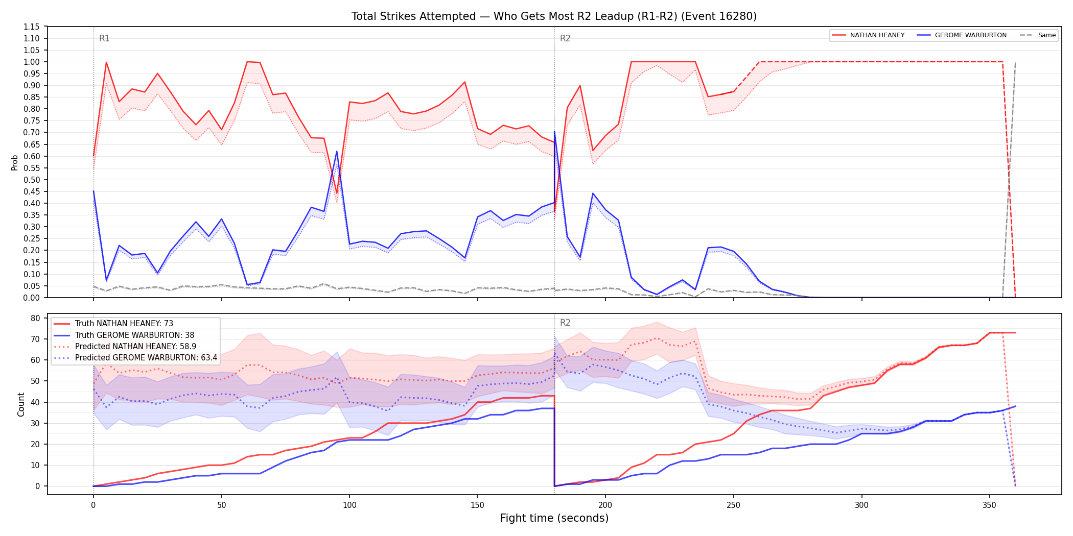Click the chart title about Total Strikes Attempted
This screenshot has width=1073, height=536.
tap(554, 16)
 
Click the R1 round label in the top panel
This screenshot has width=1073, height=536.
tap(104, 38)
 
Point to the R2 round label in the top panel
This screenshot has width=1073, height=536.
tap(565, 38)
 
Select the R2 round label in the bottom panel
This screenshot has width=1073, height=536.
tap(565, 323)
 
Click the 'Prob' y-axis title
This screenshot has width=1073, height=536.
tap(15, 162)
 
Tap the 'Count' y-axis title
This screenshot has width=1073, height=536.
tap(21, 404)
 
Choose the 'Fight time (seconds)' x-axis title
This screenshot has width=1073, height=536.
tap(554, 518)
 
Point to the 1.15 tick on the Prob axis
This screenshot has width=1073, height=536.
tap(32, 27)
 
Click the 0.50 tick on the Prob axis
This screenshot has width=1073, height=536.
tap(32, 180)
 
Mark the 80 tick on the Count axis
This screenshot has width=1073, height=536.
tap(35, 318)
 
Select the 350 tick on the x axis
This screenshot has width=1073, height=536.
tap(990, 505)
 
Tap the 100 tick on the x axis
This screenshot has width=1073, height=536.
tap(349, 505)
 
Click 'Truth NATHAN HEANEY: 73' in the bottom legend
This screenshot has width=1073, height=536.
tap(124, 324)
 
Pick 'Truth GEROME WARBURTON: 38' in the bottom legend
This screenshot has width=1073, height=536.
tap(135, 335)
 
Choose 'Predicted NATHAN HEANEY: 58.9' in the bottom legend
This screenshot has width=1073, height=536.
tap(136, 347)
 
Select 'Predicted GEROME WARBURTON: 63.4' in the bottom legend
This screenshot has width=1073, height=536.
tap(146, 358)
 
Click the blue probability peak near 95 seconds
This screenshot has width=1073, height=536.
tap(337, 151)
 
